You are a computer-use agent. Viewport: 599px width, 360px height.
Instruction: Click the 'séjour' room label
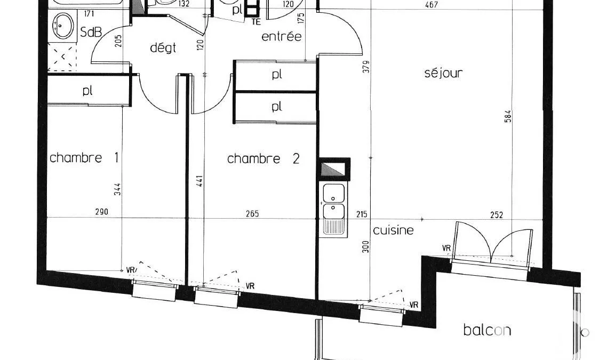click(444, 73)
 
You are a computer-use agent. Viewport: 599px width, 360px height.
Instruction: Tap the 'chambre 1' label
click(84, 157)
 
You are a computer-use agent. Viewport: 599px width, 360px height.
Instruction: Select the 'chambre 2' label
click(263, 158)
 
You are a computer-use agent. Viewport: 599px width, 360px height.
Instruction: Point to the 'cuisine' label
click(393, 230)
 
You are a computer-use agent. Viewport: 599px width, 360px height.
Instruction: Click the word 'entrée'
click(282, 36)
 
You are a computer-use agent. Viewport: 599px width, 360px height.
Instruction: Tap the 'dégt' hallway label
click(163, 48)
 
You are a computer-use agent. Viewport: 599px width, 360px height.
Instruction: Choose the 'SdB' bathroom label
click(91, 32)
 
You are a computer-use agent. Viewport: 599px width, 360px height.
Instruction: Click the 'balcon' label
click(487, 330)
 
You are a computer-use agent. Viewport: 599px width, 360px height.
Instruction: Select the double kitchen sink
click(333, 209)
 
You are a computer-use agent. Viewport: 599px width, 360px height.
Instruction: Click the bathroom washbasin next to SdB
click(62, 26)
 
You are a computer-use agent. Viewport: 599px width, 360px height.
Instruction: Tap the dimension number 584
click(508, 116)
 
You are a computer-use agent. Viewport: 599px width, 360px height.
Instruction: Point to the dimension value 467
click(431, 5)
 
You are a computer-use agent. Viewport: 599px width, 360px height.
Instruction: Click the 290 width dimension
click(102, 211)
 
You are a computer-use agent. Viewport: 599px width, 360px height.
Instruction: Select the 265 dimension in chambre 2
click(252, 213)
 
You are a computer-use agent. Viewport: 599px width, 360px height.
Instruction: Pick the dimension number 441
click(200, 181)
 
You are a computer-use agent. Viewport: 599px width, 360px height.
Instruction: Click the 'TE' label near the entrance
click(256, 22)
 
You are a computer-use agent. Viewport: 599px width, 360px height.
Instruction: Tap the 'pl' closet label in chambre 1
click(87, 91)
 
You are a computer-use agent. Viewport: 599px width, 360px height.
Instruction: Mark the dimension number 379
click(366, 67)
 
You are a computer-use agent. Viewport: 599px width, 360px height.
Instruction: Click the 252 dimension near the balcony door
click(496, 215)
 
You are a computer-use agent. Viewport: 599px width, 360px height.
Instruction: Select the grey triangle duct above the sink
click(333, 169)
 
